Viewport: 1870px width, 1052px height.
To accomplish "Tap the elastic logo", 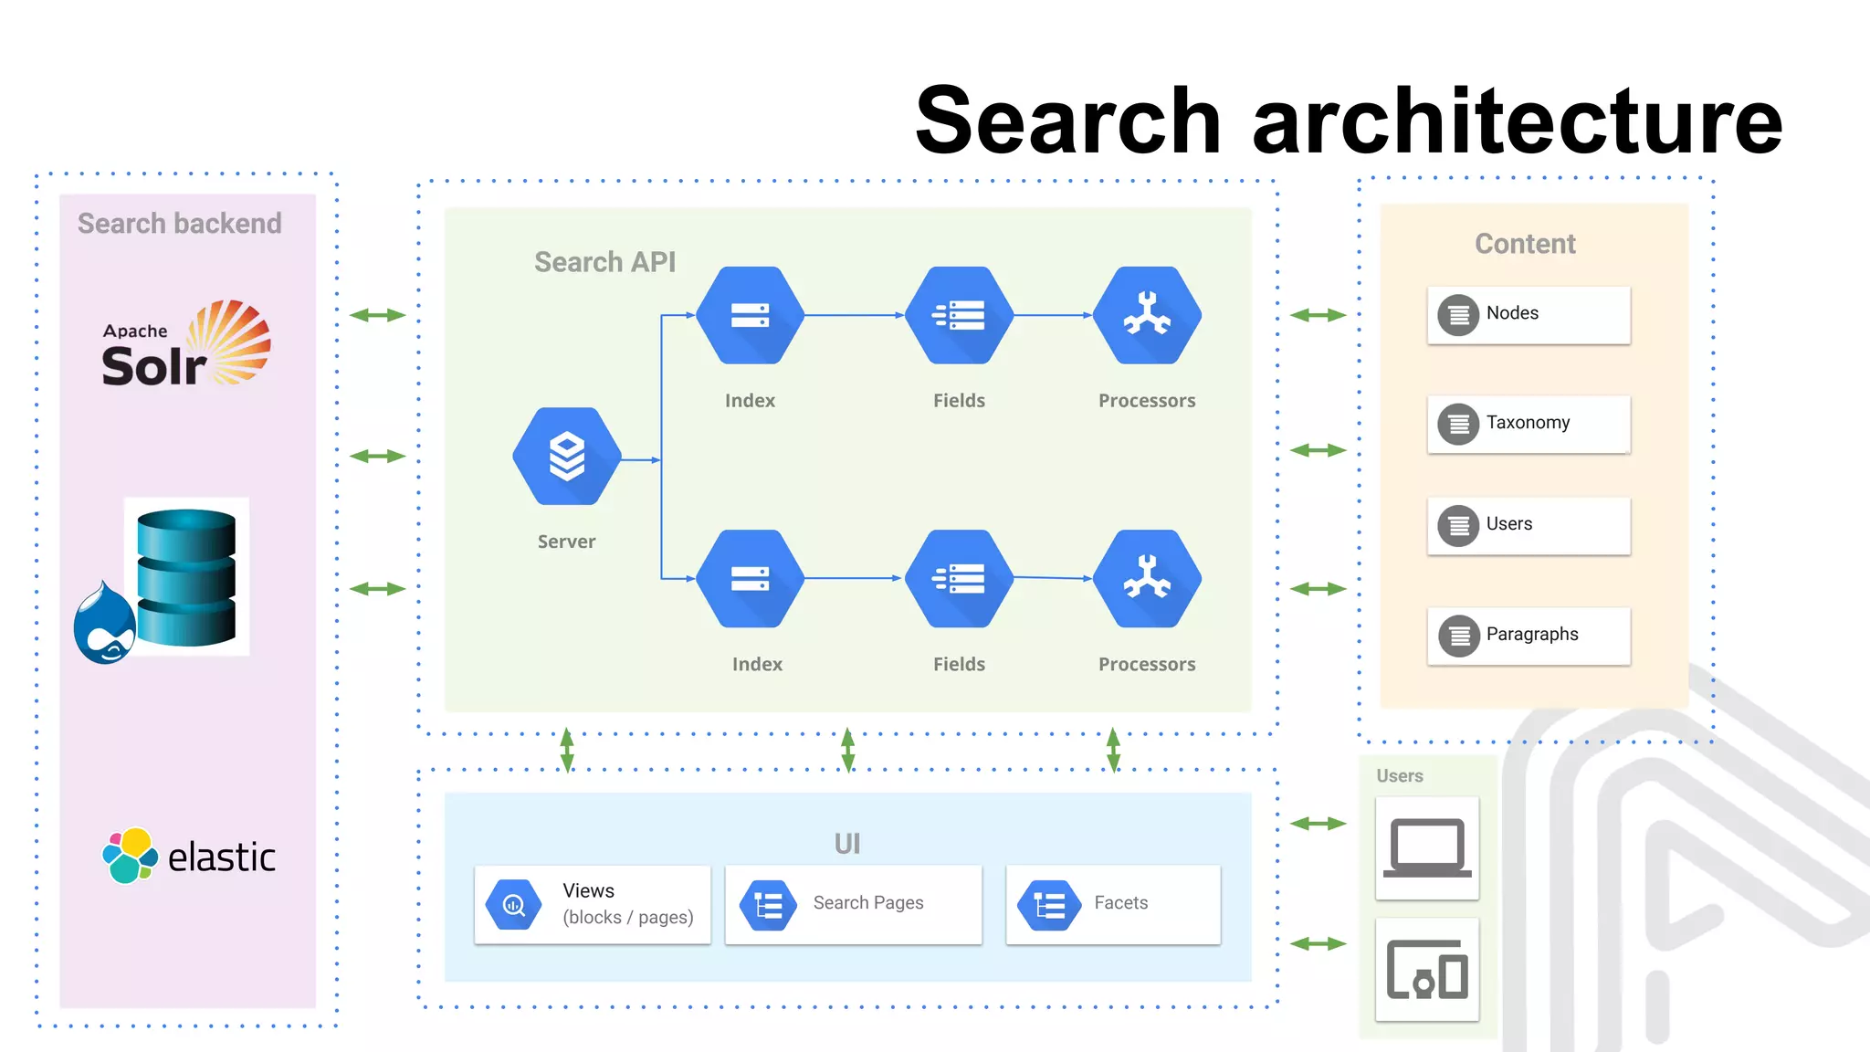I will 189,856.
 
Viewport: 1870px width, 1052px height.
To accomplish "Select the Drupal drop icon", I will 104,625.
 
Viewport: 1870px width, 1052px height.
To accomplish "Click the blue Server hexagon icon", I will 567,456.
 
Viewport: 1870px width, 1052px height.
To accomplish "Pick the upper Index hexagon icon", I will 750,315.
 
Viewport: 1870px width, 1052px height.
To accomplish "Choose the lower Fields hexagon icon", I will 959,578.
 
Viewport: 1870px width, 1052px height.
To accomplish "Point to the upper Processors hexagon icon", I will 1147,315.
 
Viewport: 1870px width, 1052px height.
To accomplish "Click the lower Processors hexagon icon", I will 1147,578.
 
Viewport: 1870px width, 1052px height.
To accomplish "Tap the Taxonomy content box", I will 1528,424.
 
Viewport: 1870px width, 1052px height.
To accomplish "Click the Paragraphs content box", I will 1528,636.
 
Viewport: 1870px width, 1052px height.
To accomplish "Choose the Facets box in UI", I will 1112,904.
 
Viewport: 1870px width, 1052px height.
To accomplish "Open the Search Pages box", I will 853,904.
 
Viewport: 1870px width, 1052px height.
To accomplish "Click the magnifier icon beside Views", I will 514,905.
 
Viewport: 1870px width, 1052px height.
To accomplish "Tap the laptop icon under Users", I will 1427,848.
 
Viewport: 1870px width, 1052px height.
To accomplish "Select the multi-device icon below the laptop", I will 1427,970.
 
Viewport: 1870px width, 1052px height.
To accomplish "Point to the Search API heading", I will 604,262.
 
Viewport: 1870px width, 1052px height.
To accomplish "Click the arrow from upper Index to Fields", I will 854,315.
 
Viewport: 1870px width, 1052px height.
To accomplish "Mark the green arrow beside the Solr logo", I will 377,315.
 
